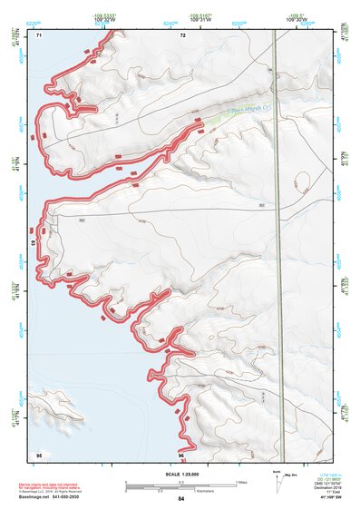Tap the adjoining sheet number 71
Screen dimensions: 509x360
(39, 35)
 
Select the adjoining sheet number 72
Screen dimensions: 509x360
(182, 35)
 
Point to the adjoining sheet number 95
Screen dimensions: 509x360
(39, 454)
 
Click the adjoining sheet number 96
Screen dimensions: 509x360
(182, 454)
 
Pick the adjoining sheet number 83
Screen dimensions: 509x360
(34, 244)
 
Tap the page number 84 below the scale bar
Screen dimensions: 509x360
(182, 499)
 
